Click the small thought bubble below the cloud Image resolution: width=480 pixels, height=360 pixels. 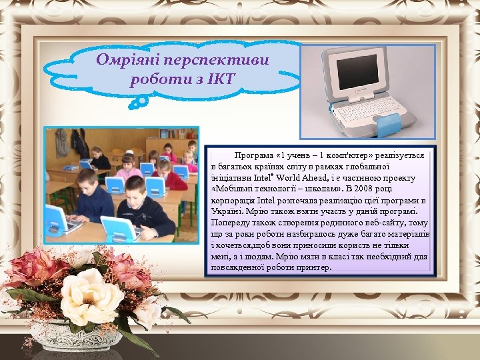pyautogui.click(x=139, y=101)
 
